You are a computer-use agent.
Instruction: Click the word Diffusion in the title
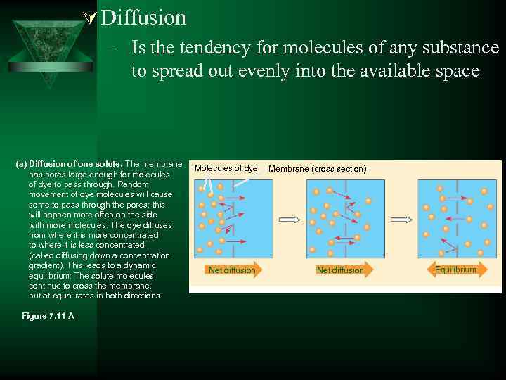(143, 17)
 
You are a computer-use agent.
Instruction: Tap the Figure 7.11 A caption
(48, 316)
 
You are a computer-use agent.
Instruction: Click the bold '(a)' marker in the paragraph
(21, 164)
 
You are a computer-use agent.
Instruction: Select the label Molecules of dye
(226, 169)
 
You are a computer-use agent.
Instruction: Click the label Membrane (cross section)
(317, 169)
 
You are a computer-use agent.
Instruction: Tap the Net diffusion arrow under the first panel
(232, 270)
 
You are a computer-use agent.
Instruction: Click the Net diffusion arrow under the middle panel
(340, 270)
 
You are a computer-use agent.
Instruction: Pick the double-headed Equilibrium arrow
(455, 270)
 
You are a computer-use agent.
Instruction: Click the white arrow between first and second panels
(289, 220)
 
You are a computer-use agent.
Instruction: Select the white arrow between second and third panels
(401, 220)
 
